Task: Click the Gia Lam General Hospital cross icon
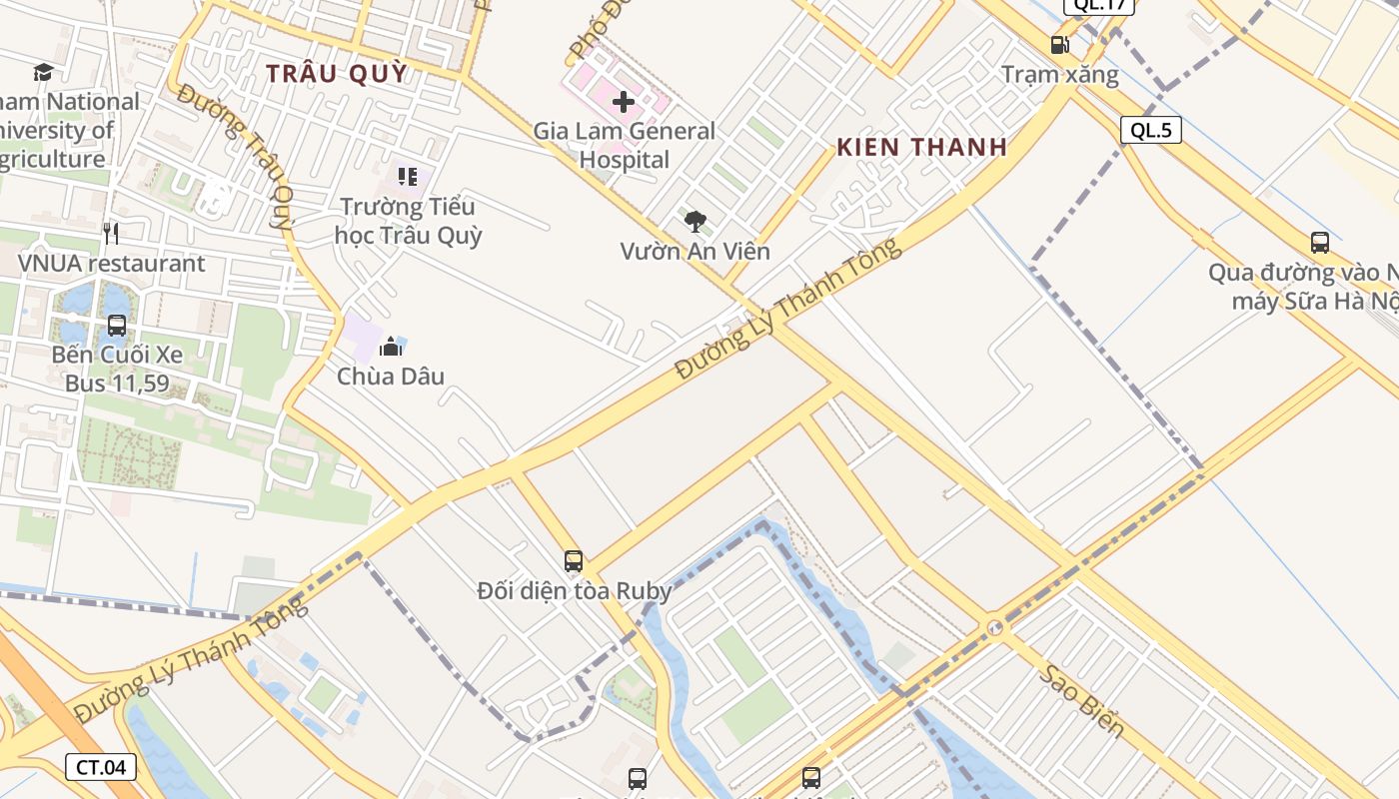[624, 101]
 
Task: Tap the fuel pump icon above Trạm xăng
[1059, 45]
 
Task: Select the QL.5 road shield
[1151, 130]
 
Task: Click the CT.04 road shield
[101, 767]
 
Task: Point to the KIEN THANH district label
[921, 148]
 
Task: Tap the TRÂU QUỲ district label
[338, 73]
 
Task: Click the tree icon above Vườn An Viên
[696, 222]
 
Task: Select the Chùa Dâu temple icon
[391, 347]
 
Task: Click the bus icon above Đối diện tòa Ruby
[573, 561]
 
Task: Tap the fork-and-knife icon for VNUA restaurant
[111, 234]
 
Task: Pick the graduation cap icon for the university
[43, 72]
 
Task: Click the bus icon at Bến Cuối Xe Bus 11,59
[117, 326]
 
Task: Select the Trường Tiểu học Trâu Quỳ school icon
[407, 177]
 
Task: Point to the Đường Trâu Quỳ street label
[238, 157]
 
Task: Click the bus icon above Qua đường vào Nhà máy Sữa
[1319, 242]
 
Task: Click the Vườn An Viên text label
[696, 251]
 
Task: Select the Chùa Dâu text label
[391, 377]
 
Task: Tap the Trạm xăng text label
[1060, 75]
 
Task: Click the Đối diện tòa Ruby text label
[574, 591]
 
